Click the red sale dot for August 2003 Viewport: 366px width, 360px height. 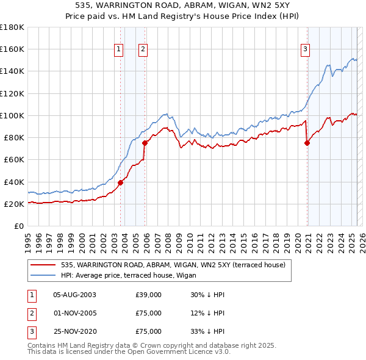pos(120,182)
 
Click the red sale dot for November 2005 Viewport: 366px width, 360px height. pos(145,143)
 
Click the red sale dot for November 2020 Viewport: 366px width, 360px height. pos(307,143)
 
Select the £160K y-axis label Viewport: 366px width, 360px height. pos(12,49)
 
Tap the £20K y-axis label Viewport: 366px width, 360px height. pos(13,204)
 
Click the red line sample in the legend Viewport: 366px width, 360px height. pos(43,265)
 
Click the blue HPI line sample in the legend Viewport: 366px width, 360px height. pos(43,275)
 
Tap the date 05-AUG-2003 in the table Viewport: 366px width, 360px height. pos(74,295)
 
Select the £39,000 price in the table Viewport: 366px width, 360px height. pos(149,295)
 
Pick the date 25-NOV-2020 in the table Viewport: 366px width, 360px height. pos(74,332)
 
